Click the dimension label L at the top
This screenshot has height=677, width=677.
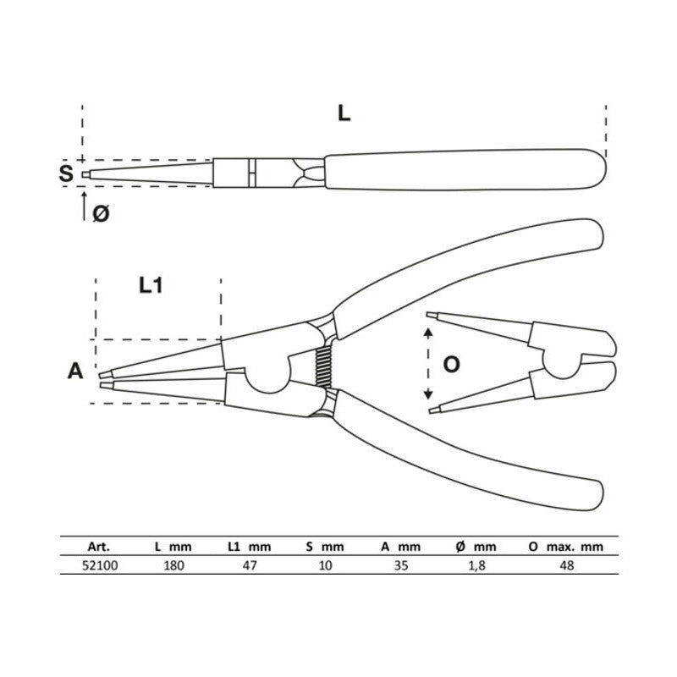coord(343,114)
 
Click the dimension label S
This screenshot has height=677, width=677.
coord(66,174)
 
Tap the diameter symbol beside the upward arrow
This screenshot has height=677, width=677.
coord(100,214)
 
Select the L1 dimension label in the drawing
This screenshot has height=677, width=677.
coord(151,286)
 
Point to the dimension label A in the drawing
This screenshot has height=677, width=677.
coord(75,371)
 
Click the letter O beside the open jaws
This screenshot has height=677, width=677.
coord(452,365)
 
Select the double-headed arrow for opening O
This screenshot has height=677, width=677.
coord(428,364)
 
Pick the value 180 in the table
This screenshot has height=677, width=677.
coord(173,565)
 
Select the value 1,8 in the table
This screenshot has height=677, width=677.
coord(478,565)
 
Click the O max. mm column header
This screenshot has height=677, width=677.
coord(566,547)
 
